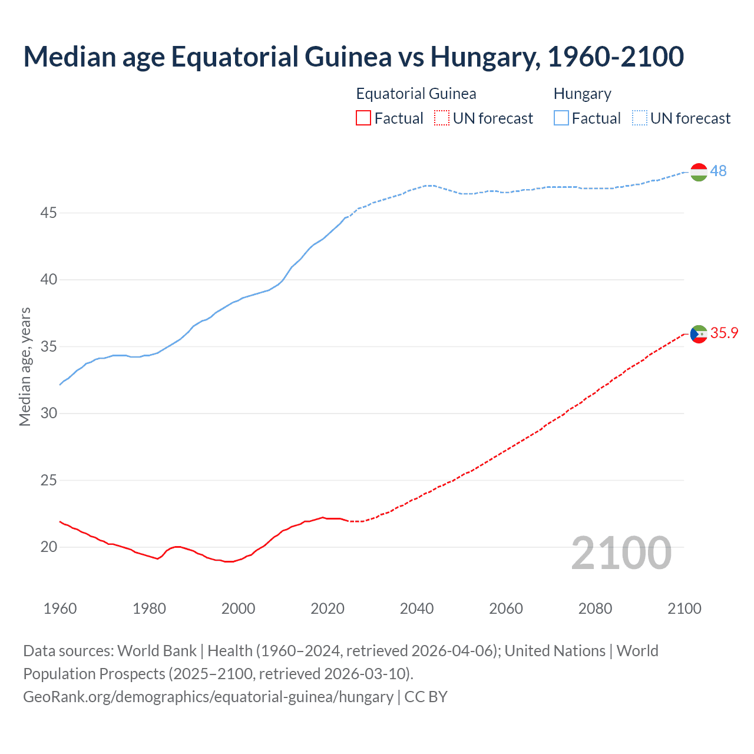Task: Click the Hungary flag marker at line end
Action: pyautogui.click(x=699, y=171)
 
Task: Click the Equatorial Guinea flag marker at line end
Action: pyautogui.click(x=699, y=334)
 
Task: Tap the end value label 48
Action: pyautogui.click(x=718, y=171)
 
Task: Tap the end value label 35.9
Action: pyautogui.click(x=724, y=333)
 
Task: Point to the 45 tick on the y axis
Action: pyautogui.click(x=48, y=213)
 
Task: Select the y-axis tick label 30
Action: pyautogui.click(x=48, y=414)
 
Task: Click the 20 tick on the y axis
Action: pyautogui.click(x=48, y=547)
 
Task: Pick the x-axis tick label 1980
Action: pyautogui.click(x=149, y=609)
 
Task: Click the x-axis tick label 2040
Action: pyautogui.click(x=416, y=609)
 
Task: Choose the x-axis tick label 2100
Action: pyautogui.click(x=684, y=609)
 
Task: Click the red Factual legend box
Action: pyautogui.click(x=363, y=118)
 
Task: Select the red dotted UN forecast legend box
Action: pyautogui.click(x=442, y=118)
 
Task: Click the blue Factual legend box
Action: pyautogui.click(x=561, y=118)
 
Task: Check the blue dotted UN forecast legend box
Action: pyautogui.click(x=639, y=118)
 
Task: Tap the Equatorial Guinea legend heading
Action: pyautogui.click(x=416, y=94)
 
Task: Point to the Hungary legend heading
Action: pyautogui.click(x=582, y=94)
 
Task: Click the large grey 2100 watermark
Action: pyautogui.click(x=621, y=553)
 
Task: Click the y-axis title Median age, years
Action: pyautogui.click(x=25, y=366)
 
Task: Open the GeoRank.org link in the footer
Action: pyautogui.click(x=208, y=697)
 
